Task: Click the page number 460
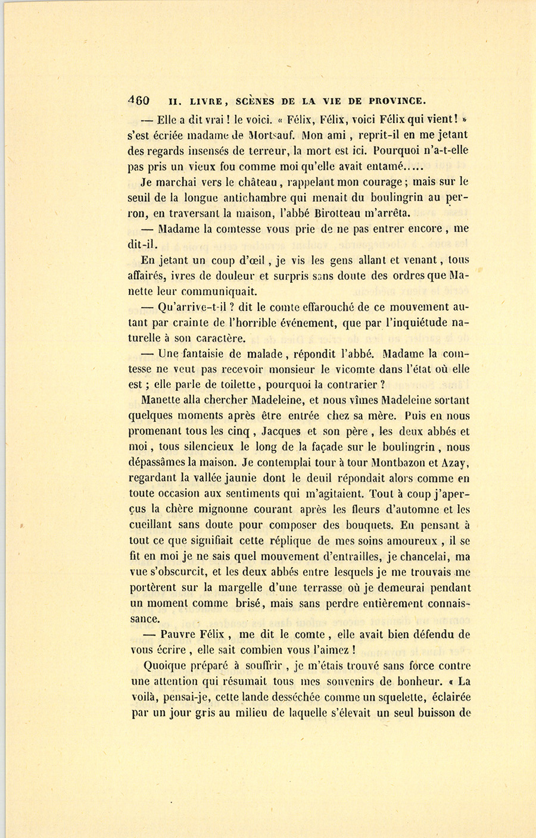coord(139,101)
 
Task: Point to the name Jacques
coord(279,431)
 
